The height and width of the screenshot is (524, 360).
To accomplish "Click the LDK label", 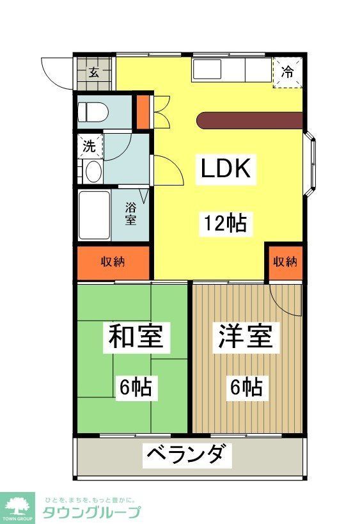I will [x=226, y=169].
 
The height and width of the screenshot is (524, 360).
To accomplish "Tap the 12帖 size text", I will [x=226, y=223].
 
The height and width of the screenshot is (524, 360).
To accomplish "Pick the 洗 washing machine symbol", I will [x=90, y=146].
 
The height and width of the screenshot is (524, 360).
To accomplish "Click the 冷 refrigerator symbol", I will [x=288, y=72].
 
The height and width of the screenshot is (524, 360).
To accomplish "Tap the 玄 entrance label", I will [x=93, y=72].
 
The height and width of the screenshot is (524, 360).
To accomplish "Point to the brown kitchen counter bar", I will [x=249, y=120].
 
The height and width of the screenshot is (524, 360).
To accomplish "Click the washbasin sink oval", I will [x=93, y=171].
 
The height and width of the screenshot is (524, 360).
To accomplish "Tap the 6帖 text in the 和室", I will [x=134, y=386].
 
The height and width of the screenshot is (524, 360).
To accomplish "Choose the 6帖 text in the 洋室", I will [x=245, y=386].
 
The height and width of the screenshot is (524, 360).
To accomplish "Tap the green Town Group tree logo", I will [x=17, y=505].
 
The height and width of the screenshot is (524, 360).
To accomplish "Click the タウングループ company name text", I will [x=91, y=512].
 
